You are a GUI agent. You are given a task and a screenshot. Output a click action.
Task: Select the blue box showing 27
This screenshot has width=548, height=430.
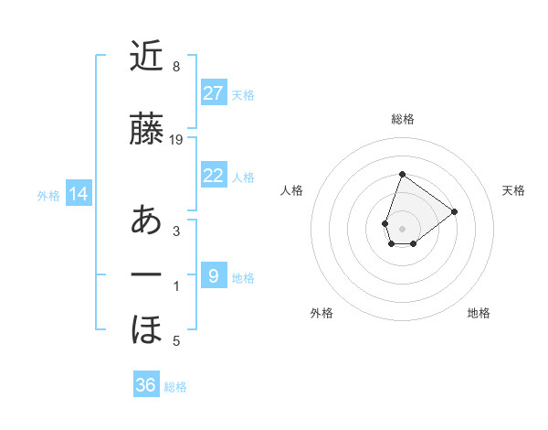pyautogui.click(x=214, y=93)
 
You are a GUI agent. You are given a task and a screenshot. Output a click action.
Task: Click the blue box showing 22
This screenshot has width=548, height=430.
pyautogui.click(x=214, y=176)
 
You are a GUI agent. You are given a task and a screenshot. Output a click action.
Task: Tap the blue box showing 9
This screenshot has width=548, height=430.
pyautogui.click(x=214, y=276)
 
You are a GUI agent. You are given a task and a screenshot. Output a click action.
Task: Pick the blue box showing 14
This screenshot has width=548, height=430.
pyautogui.click(x=79, y=194)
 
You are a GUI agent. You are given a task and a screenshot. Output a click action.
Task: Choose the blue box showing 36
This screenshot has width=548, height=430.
pyautogui.click(x=146, y=385)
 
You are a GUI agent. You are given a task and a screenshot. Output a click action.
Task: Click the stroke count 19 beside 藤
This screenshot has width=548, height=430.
pyautogui.click(x=177, y=140)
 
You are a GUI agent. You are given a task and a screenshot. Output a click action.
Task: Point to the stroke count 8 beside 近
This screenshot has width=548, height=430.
pyautogui.click(x=176, y=67)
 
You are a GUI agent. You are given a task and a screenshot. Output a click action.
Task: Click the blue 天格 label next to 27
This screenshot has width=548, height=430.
pyautogui.click(x=243, y=94)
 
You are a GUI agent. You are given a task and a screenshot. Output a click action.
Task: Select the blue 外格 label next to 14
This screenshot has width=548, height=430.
pyautogui.click(x=48, y=195)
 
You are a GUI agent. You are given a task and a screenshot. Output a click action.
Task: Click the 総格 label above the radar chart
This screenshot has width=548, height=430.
pyautogui.click(x=403, y=119)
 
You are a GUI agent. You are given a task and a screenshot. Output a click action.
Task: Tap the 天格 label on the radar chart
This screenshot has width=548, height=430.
pyautogui.click(x=514, y=190)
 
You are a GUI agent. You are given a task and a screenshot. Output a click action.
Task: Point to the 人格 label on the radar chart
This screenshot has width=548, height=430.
pyautogui.click(x=291, y=190)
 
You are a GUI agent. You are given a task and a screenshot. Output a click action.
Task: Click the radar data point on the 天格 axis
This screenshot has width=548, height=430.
pyautogui.click(x=455, y=211)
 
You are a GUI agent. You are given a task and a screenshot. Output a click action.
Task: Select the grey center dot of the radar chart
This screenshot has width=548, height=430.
pyautogui.click(x=403, y=228)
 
